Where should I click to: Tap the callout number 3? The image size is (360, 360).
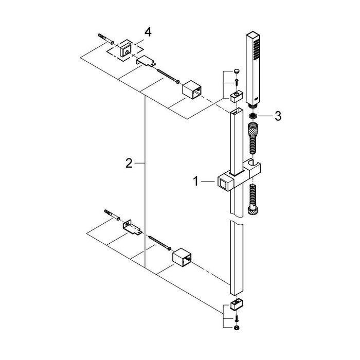[277, 117]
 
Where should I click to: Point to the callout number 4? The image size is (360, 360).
[148, 32]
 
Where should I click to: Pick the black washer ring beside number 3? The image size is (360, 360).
[253, 117]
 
